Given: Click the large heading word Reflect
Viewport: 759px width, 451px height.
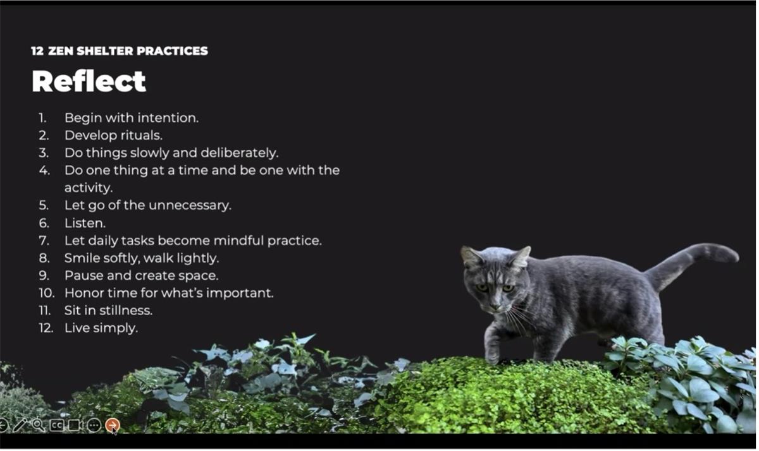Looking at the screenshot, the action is click(x=89, y=81).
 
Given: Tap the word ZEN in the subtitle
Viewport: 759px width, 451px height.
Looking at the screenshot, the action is click(x=61, y=51).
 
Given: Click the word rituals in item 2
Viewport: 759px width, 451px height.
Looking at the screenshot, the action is click(x=142, y=135).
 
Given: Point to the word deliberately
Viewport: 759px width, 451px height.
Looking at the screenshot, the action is click(x=240, y=153).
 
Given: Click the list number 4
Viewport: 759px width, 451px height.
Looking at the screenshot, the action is click(x=44, y=170).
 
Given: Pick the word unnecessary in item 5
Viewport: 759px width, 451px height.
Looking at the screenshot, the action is click(x=190, y=206).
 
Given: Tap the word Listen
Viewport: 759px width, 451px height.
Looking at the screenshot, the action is click(x=85, y=224).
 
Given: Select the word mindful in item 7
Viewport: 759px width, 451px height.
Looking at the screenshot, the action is click(x=238, y=241).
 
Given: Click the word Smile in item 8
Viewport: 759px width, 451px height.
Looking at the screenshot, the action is click(x=82, y=258).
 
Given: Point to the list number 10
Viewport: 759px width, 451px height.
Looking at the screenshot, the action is click(x=46, y=293).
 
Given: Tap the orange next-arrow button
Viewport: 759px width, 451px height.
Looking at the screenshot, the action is click(x=113, y=425).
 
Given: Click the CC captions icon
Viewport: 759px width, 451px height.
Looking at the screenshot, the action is click(x=56, y=425).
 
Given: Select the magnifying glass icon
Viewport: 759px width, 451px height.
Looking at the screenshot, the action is click(x=39, y=425).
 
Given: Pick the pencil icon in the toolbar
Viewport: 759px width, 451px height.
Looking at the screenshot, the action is click(x=20, y=425).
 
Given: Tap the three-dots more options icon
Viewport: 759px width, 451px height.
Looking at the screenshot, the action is click(x=94, y=425).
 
